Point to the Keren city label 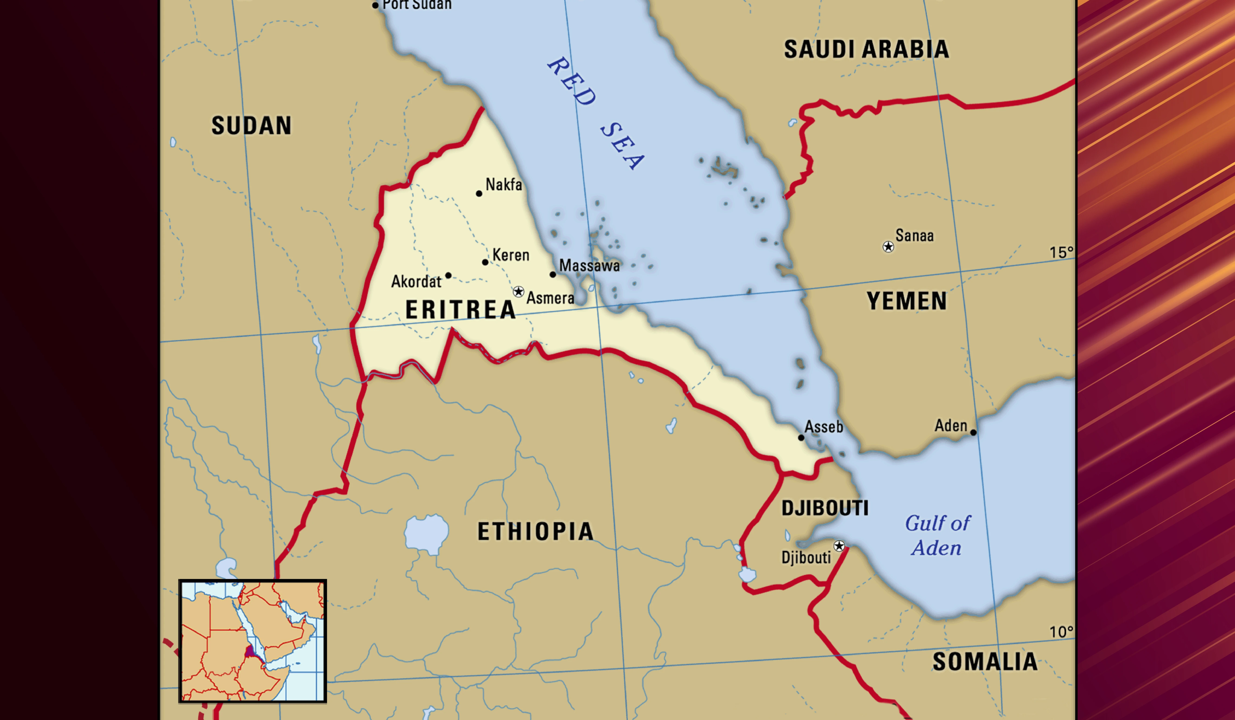pyautogui.click(x=511, y=255)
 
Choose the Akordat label pyautogui.click(x=416, y=281)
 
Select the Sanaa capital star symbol pyautogui.click(x=888, y=247)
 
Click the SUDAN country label pyautogui.click(x=252, y=126)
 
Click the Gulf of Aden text pyautogui.click(x=937, y=536)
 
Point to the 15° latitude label pyautogui.click(x=1061, y=253)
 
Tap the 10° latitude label pyautogui.click(x=1061, y=632)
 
